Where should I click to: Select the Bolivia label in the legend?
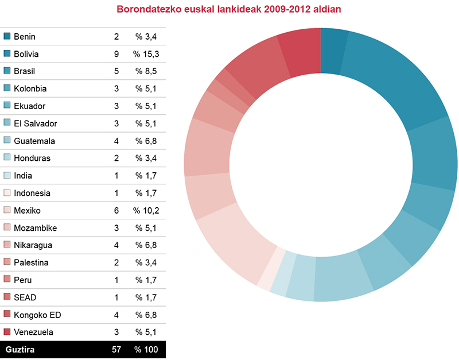26,54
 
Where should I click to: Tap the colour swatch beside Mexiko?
7,210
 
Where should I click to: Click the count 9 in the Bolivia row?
116,54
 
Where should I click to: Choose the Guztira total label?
20,349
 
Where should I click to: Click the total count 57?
116,349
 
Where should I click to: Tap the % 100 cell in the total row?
146,349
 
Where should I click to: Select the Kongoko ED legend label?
37,315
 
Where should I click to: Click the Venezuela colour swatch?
7,332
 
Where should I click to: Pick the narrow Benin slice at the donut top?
333,52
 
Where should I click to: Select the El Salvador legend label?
36,123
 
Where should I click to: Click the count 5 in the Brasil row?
116,71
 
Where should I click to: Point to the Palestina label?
31,262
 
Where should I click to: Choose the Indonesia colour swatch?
7,193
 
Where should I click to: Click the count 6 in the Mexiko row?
116,210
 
